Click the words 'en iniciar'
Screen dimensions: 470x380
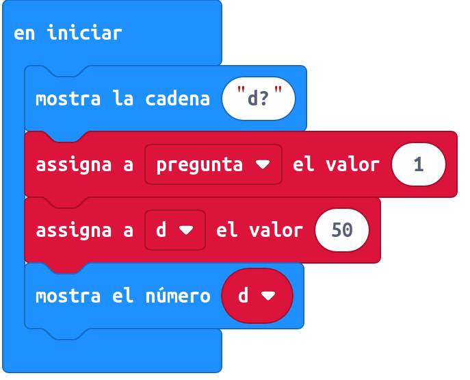click(x=68, y=33)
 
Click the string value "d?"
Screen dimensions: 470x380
click(x=259, y=99)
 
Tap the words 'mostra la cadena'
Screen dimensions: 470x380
click(x=122, y=99)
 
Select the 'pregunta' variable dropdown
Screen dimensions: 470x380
click(x=213, y=164)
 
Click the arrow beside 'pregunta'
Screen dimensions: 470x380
click(x=263, y=164)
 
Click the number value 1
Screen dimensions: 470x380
click(x=419, y=164)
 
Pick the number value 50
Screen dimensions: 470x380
click(x=342, y=230)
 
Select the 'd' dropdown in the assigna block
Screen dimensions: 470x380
click(x=175, y=230)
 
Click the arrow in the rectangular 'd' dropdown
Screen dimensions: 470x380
click(x=186, y=230)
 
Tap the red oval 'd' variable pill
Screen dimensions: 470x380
click(x=257, y=296)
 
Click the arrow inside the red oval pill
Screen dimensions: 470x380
click(x=268, y=296)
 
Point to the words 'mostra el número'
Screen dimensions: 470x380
click(x=123, y=296)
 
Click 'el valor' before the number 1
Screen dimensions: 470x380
click(x=336, y=164)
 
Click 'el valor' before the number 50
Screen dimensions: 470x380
click(x=259, y=230)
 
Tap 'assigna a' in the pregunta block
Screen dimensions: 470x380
click(x=85, y=165)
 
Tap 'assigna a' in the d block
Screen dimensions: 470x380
click(x=85, y=231)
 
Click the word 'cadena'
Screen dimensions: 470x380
click(x=177, y=99)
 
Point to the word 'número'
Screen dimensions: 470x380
click(x=178, y=296)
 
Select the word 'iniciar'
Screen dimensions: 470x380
click(x=85, y=33)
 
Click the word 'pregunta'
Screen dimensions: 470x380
click(x=200, y=165)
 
